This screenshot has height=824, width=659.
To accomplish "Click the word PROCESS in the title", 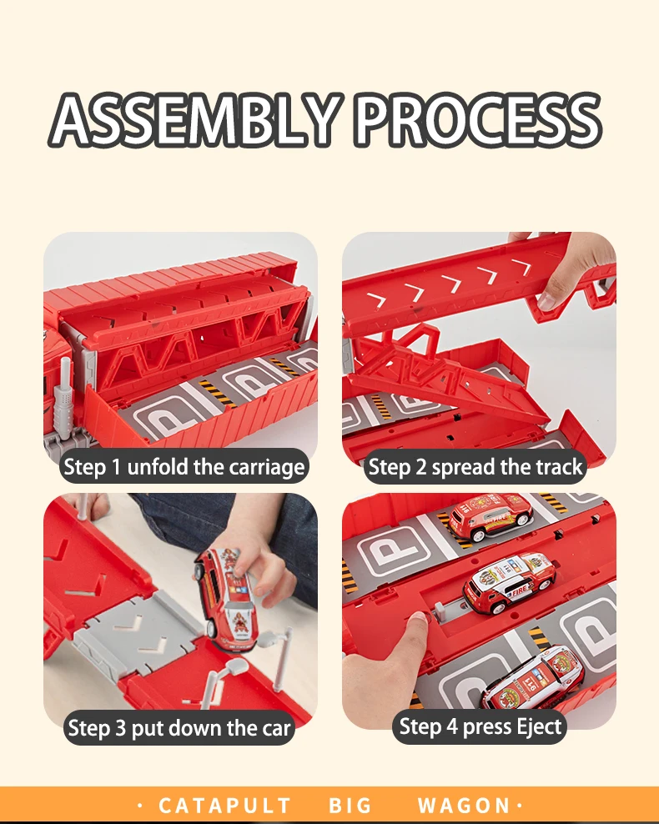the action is click(x=479, y=119).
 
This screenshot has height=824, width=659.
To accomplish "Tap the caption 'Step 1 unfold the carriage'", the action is click(x=184, y=467).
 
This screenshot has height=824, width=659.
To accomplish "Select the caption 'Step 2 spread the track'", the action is click(x=475, y=467).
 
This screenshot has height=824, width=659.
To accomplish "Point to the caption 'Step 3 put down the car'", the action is click(x=179, y=728).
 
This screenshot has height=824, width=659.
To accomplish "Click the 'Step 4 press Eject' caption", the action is click(x=480, y=726).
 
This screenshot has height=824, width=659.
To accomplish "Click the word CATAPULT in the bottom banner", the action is click(x=224, y=806).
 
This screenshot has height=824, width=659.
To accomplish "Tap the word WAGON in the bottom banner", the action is click(x=464, y=806).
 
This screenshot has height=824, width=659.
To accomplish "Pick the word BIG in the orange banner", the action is click(x=350, y=806).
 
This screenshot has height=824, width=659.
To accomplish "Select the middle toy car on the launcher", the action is click(x=509, y=582).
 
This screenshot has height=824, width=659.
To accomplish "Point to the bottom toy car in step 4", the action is click(x=532, y=679).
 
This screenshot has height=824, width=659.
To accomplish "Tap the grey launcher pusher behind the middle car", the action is click(x=440, y=610).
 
